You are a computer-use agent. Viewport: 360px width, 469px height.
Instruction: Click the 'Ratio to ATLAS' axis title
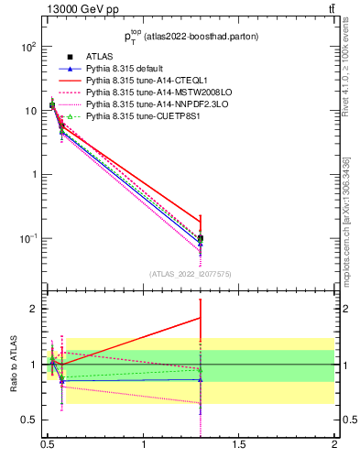point(12,364)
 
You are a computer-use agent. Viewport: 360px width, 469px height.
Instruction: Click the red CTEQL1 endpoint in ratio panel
point(201,318)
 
